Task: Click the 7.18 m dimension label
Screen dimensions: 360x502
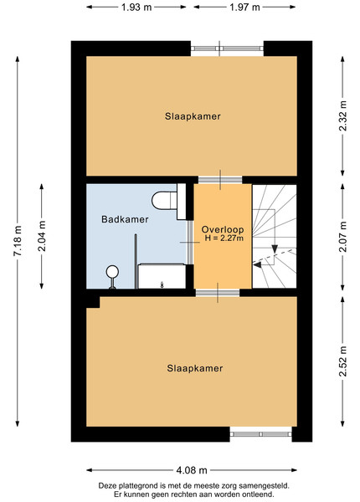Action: tap(18, 241)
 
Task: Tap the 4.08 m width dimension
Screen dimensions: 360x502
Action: tap(192, 470)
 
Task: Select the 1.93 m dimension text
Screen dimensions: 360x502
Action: tap(136, 7)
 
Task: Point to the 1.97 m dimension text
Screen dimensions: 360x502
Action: tap(244, 7)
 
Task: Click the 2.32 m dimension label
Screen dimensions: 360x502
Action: tap(343, 116)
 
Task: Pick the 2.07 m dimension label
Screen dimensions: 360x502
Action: tap(343, 237)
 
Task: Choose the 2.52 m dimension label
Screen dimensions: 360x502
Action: tap(343, 361)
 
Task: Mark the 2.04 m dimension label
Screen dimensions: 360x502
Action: tap(42, 236)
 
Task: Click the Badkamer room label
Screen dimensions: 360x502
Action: tap(125, 219)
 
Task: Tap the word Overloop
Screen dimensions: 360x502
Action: tap(223, 229)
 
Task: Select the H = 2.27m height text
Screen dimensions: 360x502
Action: tap(224, 238)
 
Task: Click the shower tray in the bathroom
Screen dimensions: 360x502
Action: tap(162, 276)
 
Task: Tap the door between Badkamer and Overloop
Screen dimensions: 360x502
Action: tap(190, 243)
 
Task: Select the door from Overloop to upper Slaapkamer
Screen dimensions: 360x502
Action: tap(220, 180)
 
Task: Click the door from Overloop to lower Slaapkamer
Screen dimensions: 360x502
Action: tap(218, 293)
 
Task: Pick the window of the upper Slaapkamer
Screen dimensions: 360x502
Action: tap(228, 49)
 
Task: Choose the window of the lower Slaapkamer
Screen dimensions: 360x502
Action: tap(260, 434)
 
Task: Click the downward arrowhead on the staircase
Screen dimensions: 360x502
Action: tap(275, 249)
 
